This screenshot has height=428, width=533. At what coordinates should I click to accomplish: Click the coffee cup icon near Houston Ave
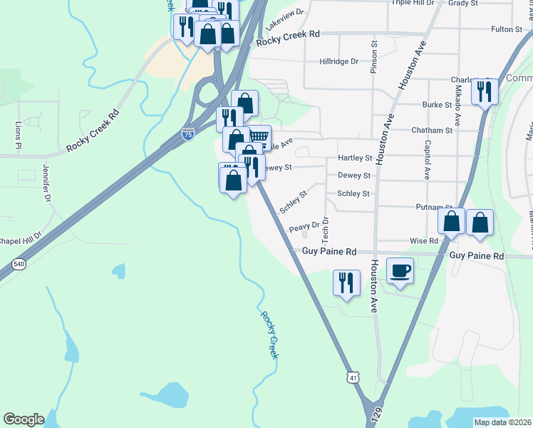pos(400,271)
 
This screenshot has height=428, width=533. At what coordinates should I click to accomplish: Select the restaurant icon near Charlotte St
pos(485,91)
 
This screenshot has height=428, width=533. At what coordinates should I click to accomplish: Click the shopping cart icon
pos(259,136)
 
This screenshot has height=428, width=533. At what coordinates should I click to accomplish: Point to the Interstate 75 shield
pos(187,134)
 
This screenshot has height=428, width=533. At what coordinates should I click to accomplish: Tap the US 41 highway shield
pos(353,376)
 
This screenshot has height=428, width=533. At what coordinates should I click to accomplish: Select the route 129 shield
pos(376,413)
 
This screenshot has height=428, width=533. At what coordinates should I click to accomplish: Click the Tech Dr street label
pos(324,228)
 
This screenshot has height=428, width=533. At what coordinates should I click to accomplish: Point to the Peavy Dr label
pos(303,228)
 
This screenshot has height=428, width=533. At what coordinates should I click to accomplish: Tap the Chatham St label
pos(432,131)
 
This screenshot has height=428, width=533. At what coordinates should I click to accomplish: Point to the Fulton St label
pos(507,29)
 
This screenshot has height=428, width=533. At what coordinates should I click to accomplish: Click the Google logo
pos(24,419)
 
